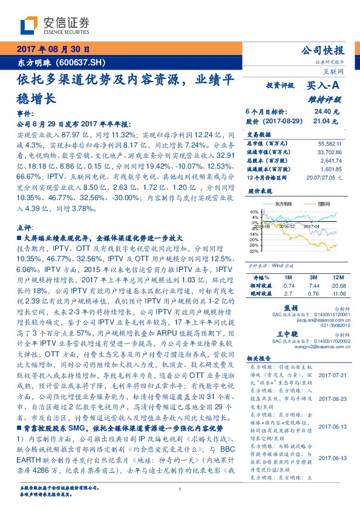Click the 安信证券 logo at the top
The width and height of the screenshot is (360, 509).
pos(54,25)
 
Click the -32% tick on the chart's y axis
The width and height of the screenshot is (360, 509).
pos(254,251)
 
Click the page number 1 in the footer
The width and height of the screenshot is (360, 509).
pos(180,490)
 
